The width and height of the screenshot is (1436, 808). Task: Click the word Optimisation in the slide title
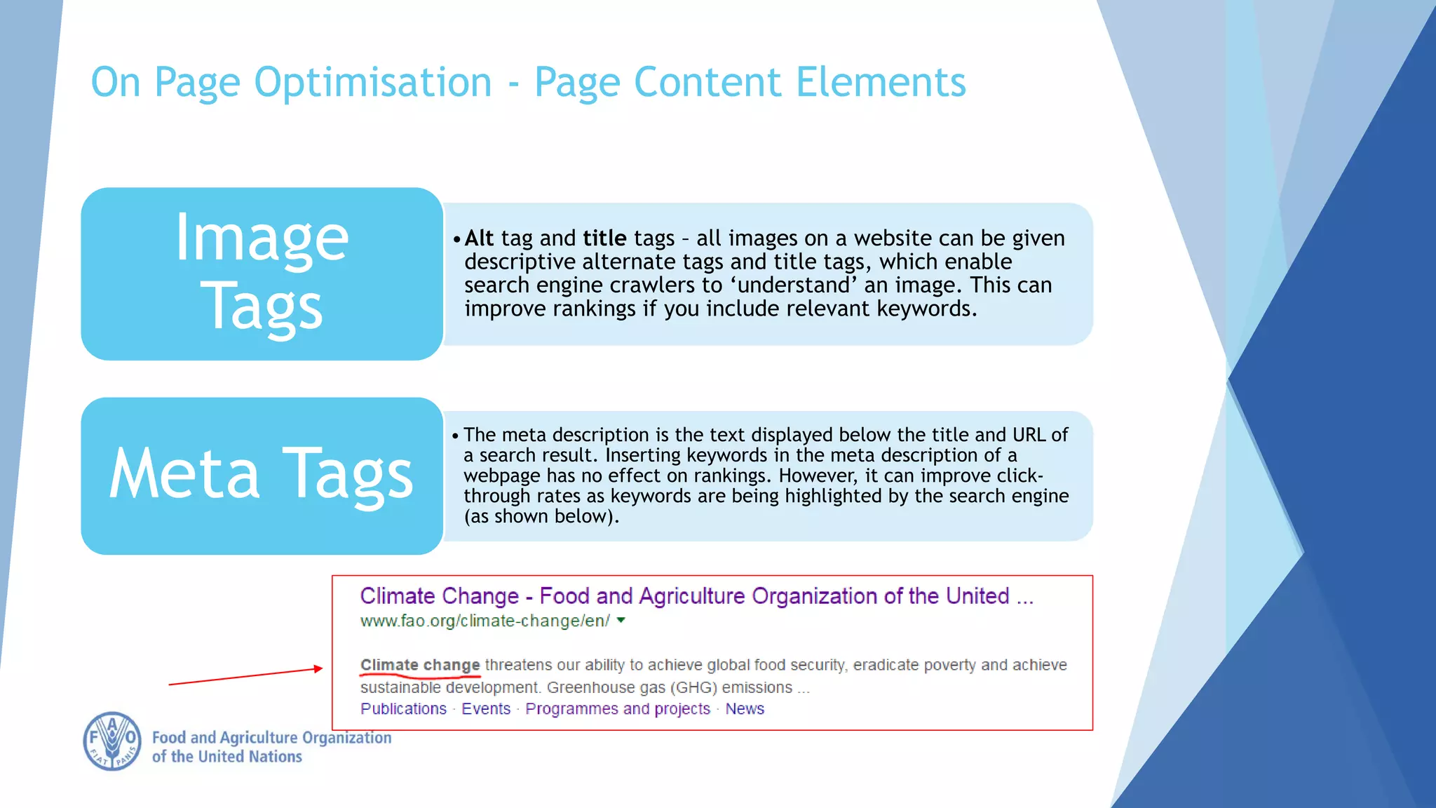[372, 83]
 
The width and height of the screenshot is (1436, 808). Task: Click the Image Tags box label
[262, 274]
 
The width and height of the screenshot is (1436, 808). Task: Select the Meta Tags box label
[262, 476]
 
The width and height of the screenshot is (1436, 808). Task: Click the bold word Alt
[479, 238]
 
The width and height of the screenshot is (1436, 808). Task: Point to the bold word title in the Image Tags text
[604, 238]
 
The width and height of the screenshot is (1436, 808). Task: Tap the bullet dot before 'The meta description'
[455, 436]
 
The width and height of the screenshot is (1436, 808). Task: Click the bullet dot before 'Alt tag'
[456, 239]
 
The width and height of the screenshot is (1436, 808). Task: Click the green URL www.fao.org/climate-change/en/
[485, 621]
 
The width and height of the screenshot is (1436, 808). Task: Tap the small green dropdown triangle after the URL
[621, 620]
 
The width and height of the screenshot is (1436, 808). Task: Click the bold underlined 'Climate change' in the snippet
[420, 665]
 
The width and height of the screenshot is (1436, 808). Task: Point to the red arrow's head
[319, 668]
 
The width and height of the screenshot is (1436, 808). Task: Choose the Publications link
[403, 709]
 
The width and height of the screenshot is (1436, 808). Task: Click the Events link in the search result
[486, 709]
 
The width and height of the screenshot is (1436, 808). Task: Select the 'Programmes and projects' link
[618, 709]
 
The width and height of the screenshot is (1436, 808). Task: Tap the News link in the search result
[745, 709]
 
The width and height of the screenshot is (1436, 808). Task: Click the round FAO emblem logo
[112, 741]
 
